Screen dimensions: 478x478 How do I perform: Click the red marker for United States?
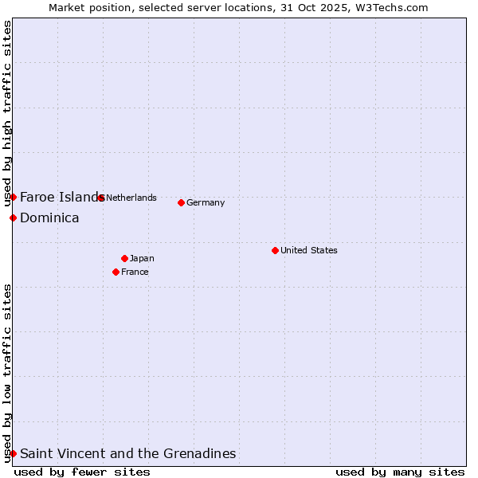[275, 250]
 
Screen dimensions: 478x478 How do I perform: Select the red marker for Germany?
[181, 202]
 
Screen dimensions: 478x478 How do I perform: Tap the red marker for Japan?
[124, 258]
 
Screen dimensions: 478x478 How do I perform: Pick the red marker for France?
[116, 272]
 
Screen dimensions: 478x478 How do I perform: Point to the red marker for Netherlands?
[100, 198]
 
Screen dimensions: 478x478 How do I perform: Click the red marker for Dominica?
[13, 217]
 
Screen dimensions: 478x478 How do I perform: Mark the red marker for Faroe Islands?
[13, 197]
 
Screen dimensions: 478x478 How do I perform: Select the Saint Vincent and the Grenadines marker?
[13, 453]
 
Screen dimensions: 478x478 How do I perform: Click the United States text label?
[309, 250]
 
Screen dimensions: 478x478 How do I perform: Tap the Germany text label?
[206, 202]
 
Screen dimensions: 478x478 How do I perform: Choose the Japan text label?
[142, 258]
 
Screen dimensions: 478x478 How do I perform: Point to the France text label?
[135, 272]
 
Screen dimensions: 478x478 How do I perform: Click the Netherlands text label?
[131, 198]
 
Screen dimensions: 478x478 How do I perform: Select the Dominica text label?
[49, 217]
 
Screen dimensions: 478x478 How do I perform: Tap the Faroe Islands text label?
[61, 197]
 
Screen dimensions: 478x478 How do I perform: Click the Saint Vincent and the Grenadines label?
[127, 453]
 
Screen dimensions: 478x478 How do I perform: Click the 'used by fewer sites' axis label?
[82, 472]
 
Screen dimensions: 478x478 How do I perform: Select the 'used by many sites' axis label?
[400, 472]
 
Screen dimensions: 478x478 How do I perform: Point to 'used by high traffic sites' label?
[7, 113]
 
